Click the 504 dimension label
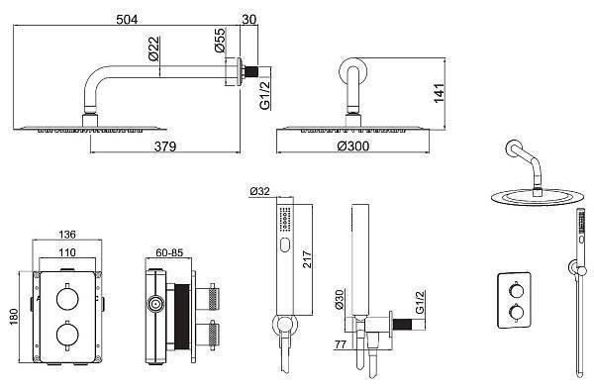point(127,19)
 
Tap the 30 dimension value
point(248,19)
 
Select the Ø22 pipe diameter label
point(154,49)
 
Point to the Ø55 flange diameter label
point(220,41)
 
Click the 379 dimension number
point(165,146)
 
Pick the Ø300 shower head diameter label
point(353,146)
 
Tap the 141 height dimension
point(439,93)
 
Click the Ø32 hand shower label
point(259,191)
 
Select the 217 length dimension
point(307,259)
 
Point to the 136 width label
point(67,235)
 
